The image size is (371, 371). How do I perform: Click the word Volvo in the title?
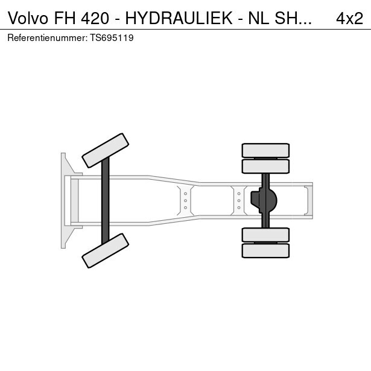click(x=28, y=18)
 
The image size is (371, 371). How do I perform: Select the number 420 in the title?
click(x=95, y=18)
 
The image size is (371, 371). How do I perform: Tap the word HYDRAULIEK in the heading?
click(x=179, y=18)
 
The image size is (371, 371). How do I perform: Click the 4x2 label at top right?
click(x=349, y=18)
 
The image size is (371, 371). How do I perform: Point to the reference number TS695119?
click(x=112, y=38)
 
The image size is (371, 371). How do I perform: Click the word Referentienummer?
click(x=47, y=38)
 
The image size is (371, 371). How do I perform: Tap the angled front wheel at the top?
click(x=106, y=150)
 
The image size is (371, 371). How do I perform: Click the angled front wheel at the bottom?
click(x=106, y=251)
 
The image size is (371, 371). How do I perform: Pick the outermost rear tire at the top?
click(x=265, y=150)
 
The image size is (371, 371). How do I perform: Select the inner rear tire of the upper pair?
click(x=265, y=166)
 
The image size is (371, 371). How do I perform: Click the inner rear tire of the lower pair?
click(x=265, y=235)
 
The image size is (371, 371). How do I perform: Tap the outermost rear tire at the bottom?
click(x=265, y=251)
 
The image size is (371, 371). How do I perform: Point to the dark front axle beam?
click(x=106, y=201)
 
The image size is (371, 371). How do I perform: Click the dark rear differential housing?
click(x=264, y=201)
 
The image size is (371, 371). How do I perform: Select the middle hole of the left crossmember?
click(x=186, y=201)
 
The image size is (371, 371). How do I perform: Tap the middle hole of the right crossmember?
click(x=239, y=201)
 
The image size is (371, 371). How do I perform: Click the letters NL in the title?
click(x=258, y=18)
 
